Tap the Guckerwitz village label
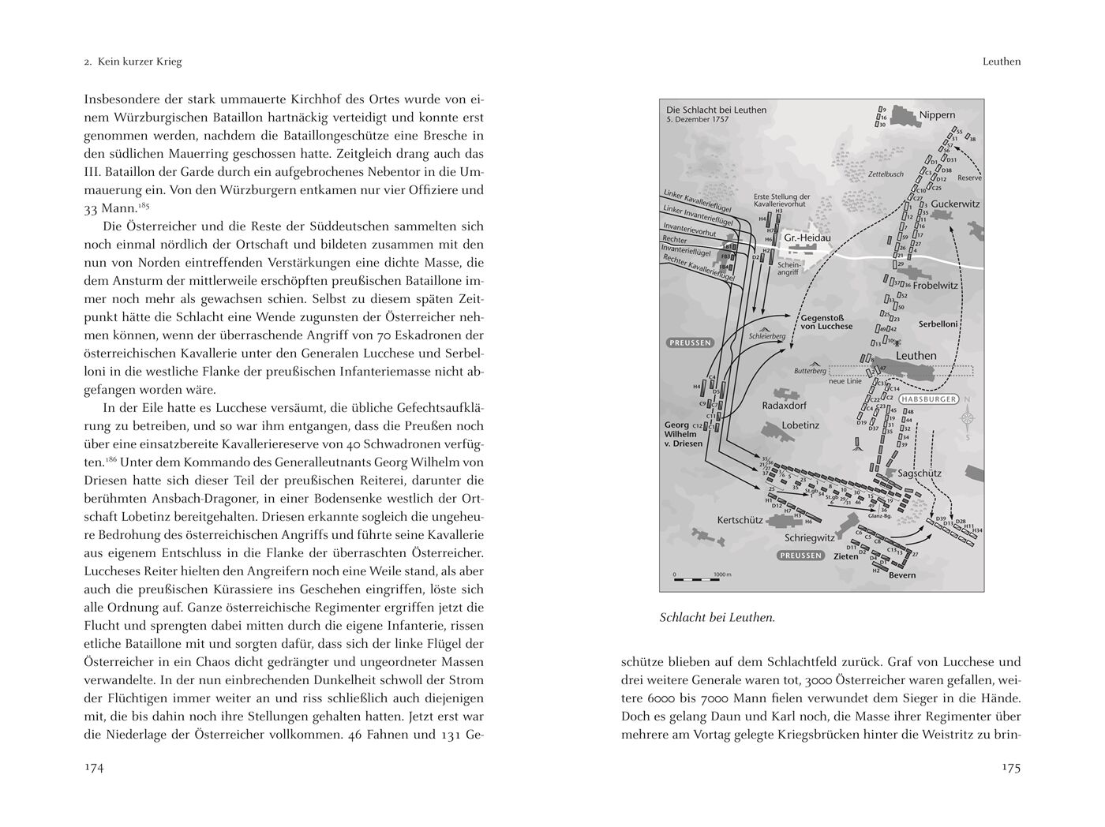955,204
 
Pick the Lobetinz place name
800,425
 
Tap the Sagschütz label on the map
920,473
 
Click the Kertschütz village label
739,520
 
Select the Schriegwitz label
809,537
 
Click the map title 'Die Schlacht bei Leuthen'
716,110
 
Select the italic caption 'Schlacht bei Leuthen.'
717,618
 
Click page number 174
94,768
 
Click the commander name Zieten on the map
846,556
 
